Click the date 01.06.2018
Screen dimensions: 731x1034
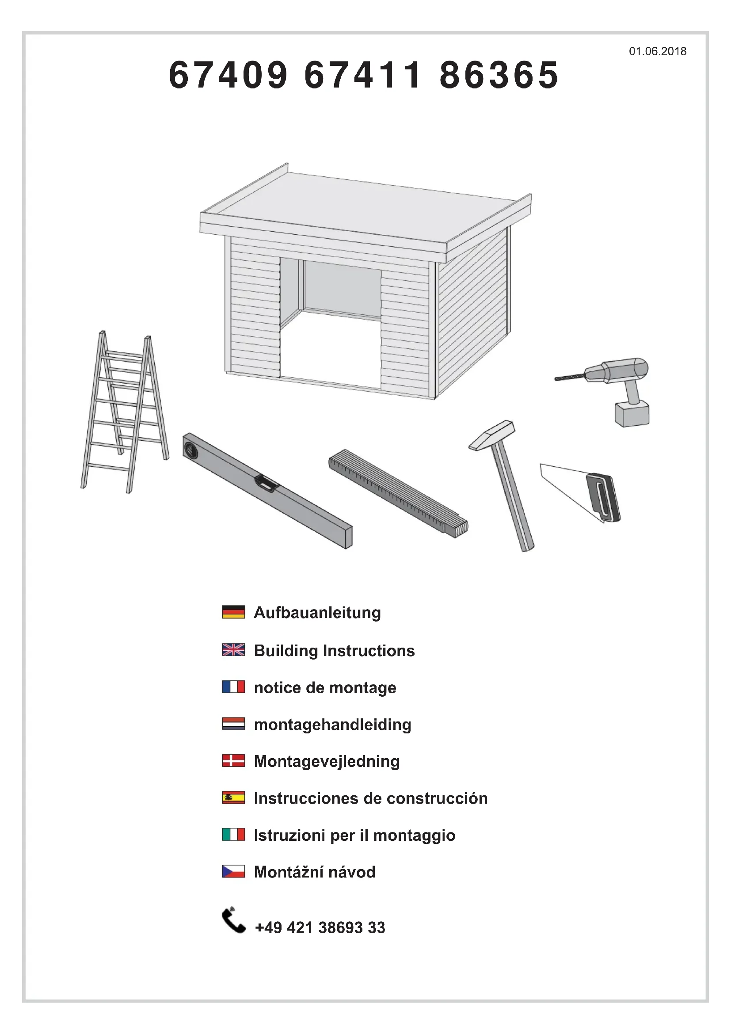point(658,51)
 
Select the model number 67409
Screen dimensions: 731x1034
point(228,75)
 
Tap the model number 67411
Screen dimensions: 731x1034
point(363,75)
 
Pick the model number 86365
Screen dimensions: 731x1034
point(499,75)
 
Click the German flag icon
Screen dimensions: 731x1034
point(234,611)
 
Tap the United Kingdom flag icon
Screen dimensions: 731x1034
point(234,649)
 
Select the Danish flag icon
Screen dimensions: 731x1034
point(234,761)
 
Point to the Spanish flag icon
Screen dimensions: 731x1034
point(234,797)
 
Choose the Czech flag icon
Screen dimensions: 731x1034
point(234,871)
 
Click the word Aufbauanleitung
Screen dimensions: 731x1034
point(317,613)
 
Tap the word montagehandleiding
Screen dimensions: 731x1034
point(333,725)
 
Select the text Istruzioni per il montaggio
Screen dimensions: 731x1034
point(355,836)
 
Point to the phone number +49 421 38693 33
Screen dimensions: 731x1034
point(320,928)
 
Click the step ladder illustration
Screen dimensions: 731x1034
point(125,412)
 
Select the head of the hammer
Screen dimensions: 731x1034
point(491,435)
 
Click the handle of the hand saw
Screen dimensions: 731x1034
point(603,497)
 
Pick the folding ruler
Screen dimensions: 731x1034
point(398,493)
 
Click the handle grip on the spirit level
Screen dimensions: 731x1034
point(266,483)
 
